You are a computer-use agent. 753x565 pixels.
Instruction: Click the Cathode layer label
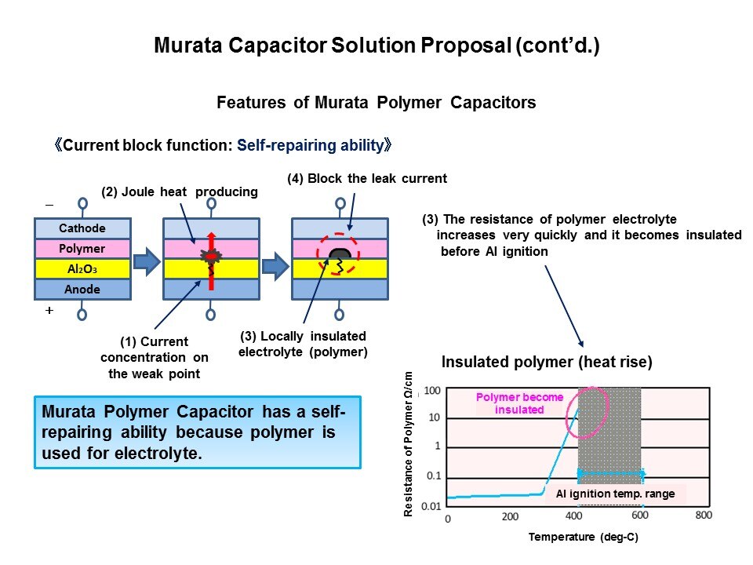(x=82, y=228)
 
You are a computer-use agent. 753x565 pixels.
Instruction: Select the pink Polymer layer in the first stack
(x=82, y=249)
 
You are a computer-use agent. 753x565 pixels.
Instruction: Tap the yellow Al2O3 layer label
(x=82, y=269)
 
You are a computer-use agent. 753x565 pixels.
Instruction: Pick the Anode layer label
(x=82, y=290)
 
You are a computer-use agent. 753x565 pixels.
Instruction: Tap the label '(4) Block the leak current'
(x=366, y=179)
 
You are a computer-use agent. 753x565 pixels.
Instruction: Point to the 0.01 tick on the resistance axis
(x=431, y=506)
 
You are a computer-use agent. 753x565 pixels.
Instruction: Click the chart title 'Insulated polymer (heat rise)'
(x=547, y=363)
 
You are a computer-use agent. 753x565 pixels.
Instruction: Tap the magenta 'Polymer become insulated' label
(x=519, y=403)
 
